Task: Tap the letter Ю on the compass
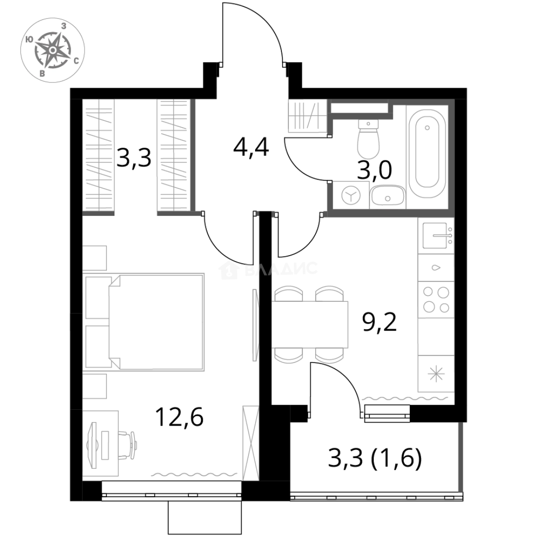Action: (x=29, y=39)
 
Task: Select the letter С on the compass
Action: (x=76, y=61)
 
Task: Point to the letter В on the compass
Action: (x=42, y=74)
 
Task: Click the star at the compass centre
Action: (x=52, y=50)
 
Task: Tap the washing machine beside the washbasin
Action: (x=350, y=194)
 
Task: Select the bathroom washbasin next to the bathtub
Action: (x=387, y=195)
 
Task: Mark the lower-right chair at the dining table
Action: (x=330, y=357)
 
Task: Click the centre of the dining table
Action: (x=311, y=324)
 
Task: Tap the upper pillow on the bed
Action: (x=97, y=296)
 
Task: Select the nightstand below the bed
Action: (x=94, y=387)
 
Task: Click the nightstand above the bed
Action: (x=94, y=257)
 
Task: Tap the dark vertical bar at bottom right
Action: (x=461, y=457)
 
